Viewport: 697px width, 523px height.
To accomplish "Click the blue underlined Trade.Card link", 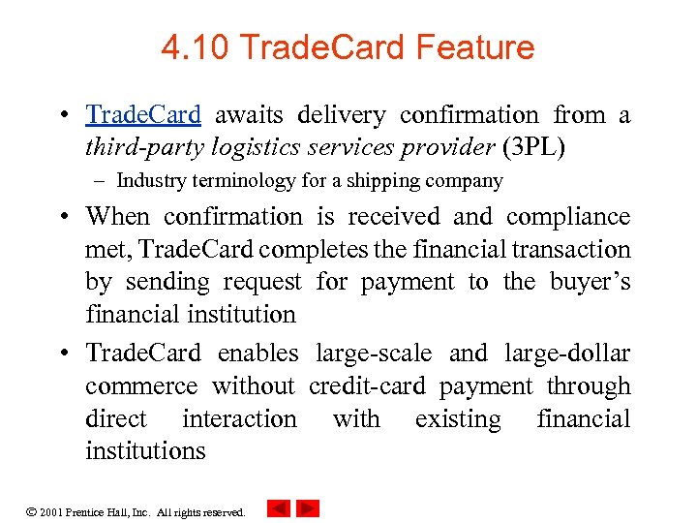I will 143,115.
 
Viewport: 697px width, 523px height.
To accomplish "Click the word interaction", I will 239,419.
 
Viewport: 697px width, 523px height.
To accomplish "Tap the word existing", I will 458,419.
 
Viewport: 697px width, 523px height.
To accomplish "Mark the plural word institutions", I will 145,451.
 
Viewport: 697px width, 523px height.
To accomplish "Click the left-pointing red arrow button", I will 279,508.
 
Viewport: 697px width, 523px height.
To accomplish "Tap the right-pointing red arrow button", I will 308,508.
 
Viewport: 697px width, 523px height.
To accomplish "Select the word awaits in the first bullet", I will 249,115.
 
